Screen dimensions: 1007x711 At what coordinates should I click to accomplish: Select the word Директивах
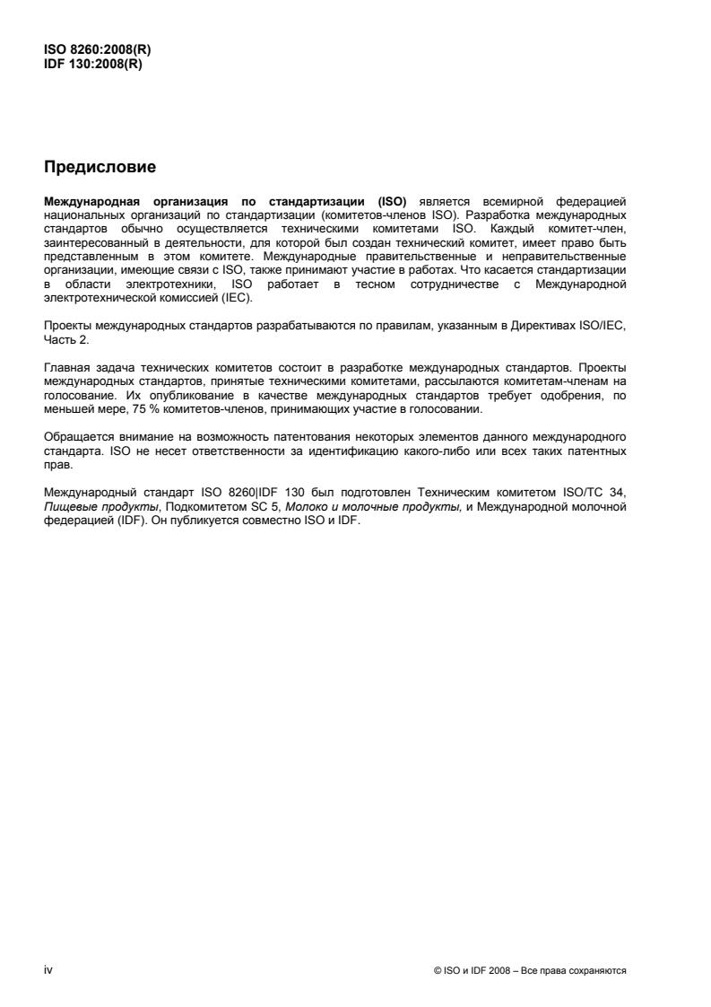click(558, 328)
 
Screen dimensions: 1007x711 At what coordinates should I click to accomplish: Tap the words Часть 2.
click(65, 339)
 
